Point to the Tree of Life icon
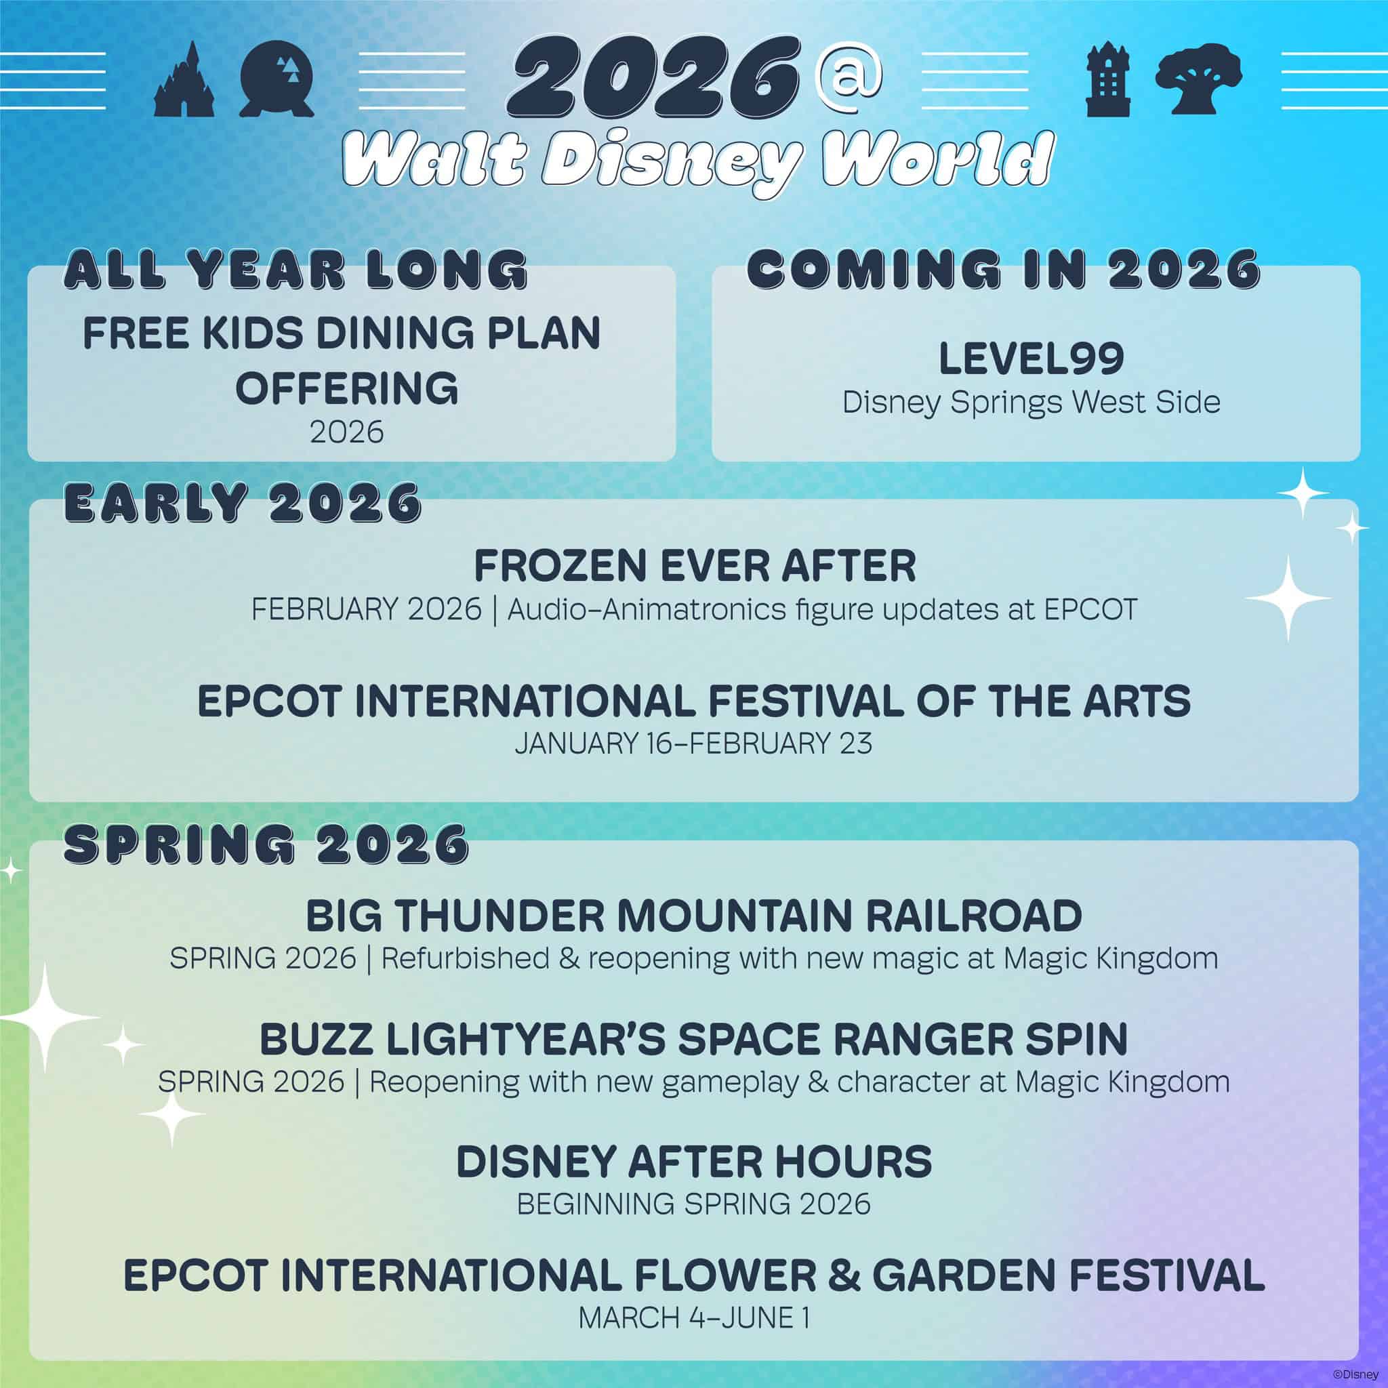point(1198,81)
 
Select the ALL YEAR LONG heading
point(296,270)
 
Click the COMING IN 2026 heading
point(1004,270)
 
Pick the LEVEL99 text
point(1031,360)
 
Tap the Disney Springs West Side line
point(1031,403)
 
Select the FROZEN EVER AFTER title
point(695,566)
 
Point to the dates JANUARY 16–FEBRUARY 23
point(693,743)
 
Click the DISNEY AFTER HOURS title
point(694,1162)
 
